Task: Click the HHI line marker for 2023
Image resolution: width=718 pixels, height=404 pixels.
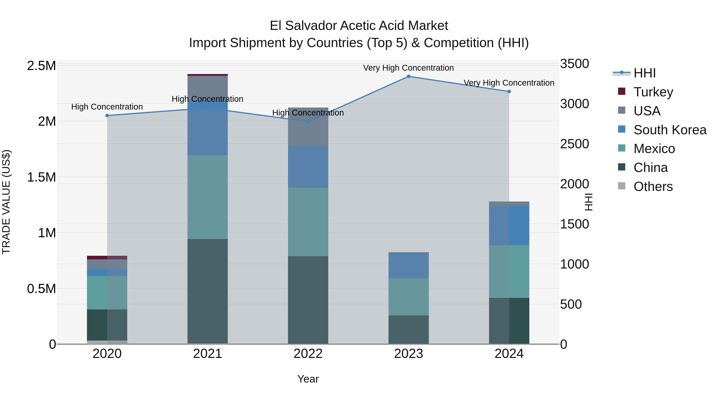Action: [x=409, y=76]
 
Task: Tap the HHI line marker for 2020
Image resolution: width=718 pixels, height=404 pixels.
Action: [x=107, y=116]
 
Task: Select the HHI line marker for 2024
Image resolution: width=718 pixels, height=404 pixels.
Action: [x=509, y=91]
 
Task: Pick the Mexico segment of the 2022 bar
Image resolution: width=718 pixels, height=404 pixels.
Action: [x=308, y=222]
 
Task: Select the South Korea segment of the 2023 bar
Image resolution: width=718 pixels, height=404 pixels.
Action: [x=409, y=265]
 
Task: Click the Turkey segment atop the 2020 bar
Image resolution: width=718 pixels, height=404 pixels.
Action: [x=107, y=257]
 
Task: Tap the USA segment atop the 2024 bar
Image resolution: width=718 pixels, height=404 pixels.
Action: [x=509, y=203]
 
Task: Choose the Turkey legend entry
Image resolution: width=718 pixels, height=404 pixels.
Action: [x=653, y=92]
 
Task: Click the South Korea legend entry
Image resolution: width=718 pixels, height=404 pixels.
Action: [x=670, y=130]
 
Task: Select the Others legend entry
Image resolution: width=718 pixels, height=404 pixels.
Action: [x=653, y=186]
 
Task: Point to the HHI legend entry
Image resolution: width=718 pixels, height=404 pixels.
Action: [x=644, y=73]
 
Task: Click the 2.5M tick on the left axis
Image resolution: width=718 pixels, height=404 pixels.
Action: [x=41, y=66]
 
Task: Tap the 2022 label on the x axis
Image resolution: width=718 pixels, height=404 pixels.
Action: [x=308, y=354]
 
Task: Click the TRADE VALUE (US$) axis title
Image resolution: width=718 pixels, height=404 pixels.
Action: [x=6, y=202]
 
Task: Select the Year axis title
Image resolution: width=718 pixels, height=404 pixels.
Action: [x=308, y=379]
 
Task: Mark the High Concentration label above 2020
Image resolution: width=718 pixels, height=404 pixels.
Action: [x=107, y=107]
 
